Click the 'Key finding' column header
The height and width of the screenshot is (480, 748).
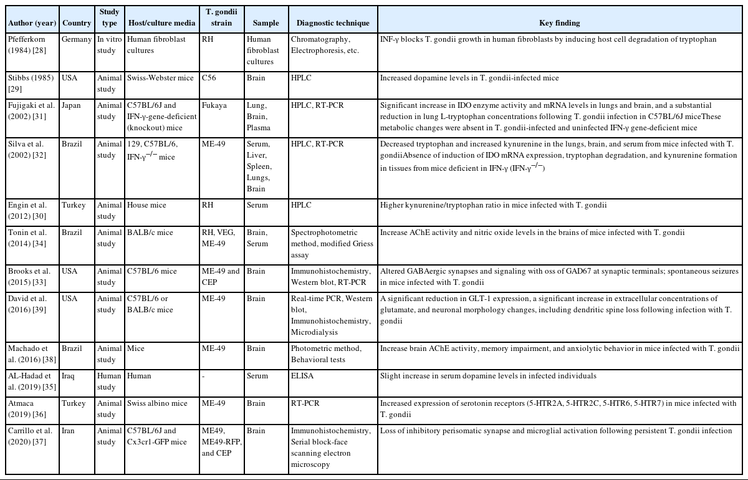pos(559,23)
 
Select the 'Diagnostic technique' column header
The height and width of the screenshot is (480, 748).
pos(333,23)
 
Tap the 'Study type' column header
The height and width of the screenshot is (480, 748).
pos(109,17)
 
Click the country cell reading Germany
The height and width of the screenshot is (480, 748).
pos(77,39)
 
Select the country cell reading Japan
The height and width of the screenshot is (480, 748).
pos(71,105)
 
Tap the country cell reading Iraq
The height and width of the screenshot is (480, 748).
pos(69,376)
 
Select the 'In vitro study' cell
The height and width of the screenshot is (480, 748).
pos(110,45)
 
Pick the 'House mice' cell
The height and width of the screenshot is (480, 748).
pos(146,205)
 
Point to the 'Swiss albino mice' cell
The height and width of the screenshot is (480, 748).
pos(157,403)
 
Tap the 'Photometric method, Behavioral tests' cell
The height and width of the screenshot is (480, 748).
pos(326,354)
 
